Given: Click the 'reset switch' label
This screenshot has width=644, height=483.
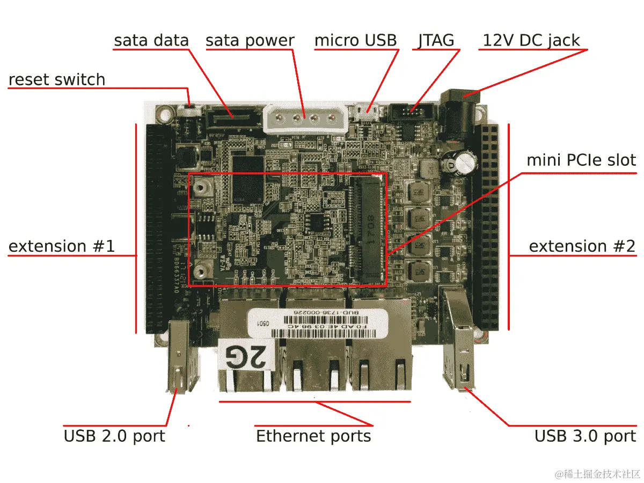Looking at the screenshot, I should [57, 80].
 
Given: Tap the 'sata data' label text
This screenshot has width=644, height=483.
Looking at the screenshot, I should [151, 40].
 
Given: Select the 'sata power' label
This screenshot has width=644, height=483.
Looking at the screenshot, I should [250, 40].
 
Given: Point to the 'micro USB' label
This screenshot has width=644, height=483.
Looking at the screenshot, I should [355, 40].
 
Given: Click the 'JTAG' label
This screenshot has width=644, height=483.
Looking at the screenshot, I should [436, 40].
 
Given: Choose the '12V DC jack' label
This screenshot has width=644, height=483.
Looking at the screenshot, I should [531, 40].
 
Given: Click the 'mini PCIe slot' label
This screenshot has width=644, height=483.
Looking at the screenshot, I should [581, 160].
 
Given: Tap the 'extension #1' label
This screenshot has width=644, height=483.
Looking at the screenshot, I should [62, 246].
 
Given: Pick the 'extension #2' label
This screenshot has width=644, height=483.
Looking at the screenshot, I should [582, 246].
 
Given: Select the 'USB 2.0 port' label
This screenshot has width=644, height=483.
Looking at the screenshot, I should [114, 436].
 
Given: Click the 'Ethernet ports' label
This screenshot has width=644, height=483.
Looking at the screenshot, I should [313, 436].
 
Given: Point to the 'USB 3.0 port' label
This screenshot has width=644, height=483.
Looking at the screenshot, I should [585, 436].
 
